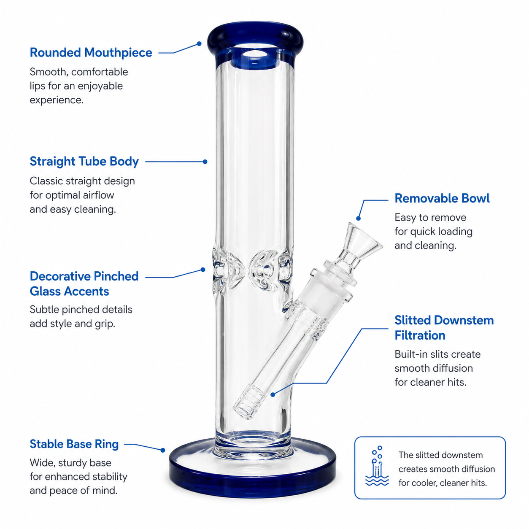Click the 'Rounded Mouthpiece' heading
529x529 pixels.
[x=91, y=52]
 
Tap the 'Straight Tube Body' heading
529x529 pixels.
[x=84, y=161]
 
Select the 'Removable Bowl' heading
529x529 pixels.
[x=442, y=198]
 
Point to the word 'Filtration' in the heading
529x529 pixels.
[x=420, y=335]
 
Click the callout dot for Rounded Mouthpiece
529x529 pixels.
[x=199, y=43]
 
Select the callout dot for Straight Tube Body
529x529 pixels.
[x=205, y=162]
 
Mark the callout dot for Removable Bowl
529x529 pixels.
[x=358, y=219]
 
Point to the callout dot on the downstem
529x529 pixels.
[x=273, y=395]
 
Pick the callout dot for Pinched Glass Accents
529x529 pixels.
[x=203, y=270]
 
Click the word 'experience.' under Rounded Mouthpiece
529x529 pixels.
[x=57, y=100]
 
